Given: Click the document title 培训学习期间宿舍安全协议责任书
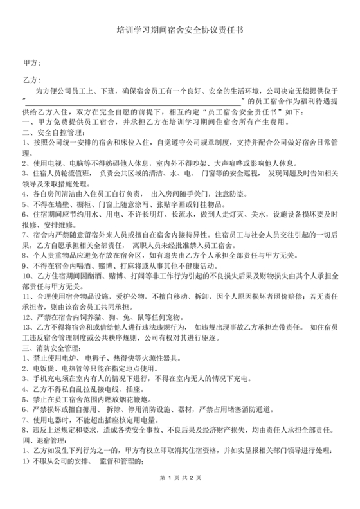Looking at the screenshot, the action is tap(179, 30).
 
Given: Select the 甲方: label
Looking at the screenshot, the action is tap(32, 63).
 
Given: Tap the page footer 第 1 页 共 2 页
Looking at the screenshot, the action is tap(180, 496).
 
